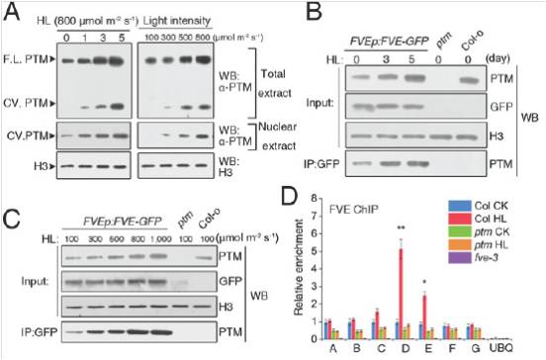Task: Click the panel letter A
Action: [11, 11]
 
